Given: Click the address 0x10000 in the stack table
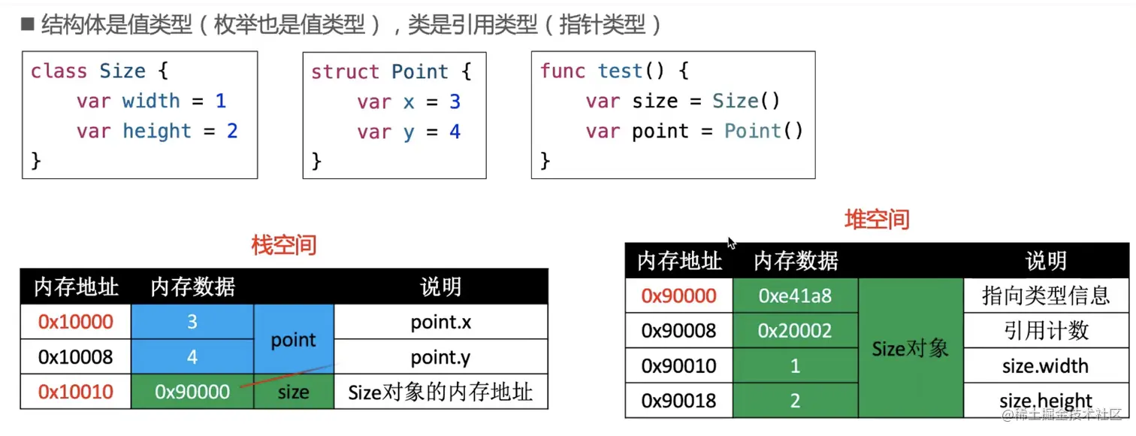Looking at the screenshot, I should click(75, 322).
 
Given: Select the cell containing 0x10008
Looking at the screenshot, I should click(75, 357).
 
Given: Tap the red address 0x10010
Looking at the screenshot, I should click(75, 392).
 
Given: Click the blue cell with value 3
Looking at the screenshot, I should click(192, 322).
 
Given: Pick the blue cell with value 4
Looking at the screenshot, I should click(192, 357).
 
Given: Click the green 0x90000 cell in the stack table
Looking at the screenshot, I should click(192, 392).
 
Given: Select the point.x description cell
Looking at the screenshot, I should click(441, 322).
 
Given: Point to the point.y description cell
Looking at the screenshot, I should click(441, 357).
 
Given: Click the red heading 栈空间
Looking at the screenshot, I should click(283, 245).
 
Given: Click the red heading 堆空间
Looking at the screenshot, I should click(877, 219).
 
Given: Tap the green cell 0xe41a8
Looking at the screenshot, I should click(795, 295).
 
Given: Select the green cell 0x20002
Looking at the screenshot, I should click(795, 331).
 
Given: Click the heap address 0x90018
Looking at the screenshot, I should click(678, 401).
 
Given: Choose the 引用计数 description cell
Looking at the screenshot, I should click(1046, 331).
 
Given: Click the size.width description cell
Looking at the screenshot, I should click(1046, 366).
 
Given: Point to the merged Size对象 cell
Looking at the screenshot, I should click(911, 348).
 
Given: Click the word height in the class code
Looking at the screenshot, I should click(157, 131).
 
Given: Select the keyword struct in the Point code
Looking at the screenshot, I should click(345, 72).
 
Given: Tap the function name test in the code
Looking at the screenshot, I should click(620, 71).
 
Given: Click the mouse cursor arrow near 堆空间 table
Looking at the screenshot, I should click(731, 243).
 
